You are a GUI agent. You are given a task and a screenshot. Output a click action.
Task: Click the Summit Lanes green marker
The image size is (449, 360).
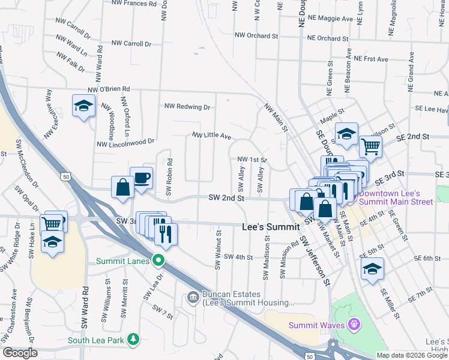point(158,260)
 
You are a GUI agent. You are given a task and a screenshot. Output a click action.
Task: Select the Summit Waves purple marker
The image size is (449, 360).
point(355,325)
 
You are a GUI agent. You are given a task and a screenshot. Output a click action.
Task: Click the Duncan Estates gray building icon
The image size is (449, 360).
point(193,296)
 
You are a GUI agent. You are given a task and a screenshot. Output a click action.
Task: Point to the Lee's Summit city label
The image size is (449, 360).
point(270,227)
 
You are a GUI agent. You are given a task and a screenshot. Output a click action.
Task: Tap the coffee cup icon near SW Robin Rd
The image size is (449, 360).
point(141,178)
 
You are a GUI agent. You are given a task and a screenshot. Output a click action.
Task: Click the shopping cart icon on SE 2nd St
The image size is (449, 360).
point(370,146)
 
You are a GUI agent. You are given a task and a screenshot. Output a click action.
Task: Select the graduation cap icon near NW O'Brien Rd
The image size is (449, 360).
point(83,106)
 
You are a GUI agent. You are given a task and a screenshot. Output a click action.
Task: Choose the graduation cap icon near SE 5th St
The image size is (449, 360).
point(372,269)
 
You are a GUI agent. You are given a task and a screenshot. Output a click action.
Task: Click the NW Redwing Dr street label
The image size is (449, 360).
point(187,107)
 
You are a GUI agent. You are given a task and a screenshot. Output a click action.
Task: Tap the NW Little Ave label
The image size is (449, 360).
point(211,136)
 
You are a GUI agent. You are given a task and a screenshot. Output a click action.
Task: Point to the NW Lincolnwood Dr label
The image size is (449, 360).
point(125,143)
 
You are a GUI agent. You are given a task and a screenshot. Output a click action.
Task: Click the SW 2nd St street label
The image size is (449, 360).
point(226,197)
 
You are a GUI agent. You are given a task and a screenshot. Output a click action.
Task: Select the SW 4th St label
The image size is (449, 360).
point(238,257)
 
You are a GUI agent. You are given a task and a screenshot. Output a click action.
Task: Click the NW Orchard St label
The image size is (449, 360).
point(257,36)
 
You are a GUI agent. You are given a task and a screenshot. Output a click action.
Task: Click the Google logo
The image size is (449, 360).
point(20,353)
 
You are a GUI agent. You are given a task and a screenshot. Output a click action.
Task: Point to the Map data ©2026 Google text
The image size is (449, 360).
point(412,355)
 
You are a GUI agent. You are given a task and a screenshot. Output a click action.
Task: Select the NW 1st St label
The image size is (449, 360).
point(252,160)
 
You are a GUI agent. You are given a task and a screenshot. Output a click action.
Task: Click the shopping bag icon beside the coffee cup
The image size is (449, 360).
point(122,187)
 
